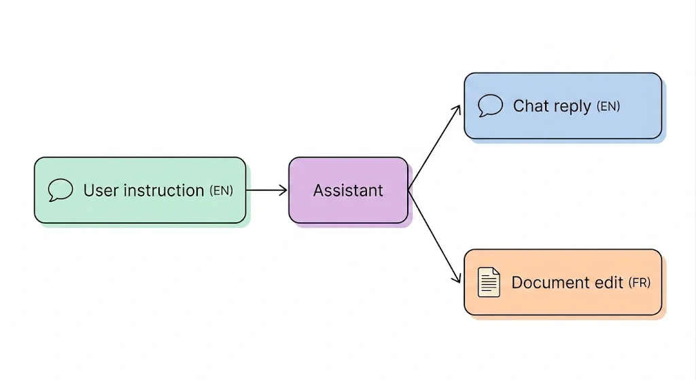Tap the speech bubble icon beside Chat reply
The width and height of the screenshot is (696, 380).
click(x=491, y=105)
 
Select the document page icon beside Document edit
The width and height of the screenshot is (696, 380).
click(x=489, y=282)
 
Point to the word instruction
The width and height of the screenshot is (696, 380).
click(x=164, y=190)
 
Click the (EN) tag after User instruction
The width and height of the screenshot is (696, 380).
click(x=221, y=190)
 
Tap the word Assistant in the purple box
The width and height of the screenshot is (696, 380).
click(x=348, y=190)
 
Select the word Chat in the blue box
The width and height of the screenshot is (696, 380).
click(x=531, y=106)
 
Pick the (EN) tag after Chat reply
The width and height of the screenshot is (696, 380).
click(x=608, y=107)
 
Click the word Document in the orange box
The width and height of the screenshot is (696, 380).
click(x=545, y=282)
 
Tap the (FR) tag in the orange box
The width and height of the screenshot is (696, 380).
click(x=640, y=282)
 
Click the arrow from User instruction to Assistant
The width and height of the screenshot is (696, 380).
click(x=266, y=190)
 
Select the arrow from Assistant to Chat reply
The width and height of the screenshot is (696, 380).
click(x=434, y=147)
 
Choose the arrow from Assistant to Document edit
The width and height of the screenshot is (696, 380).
click(x=434, y=236)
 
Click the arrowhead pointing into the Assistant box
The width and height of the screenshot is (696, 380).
click(x=283, y=190)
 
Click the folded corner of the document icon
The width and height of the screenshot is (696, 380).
click(x=496, y=271)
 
